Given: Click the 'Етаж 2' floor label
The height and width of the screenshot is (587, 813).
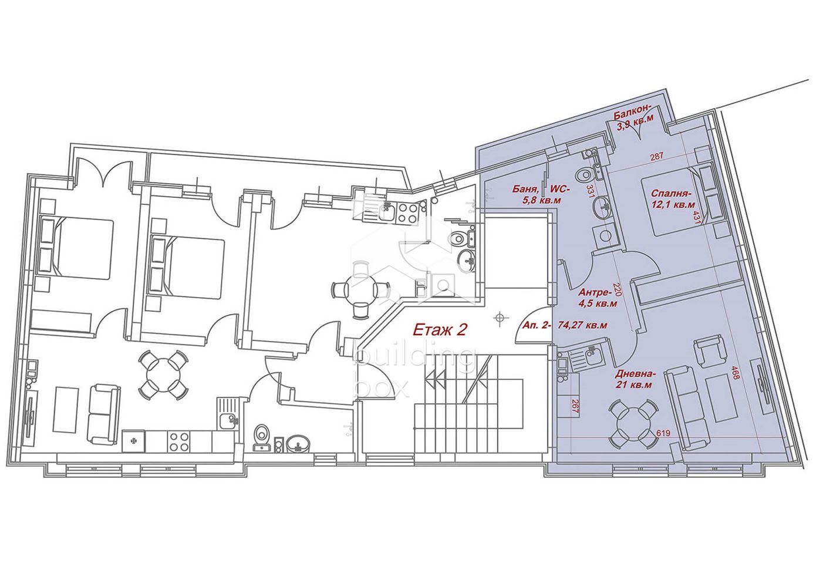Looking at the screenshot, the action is click(x=440, y=330).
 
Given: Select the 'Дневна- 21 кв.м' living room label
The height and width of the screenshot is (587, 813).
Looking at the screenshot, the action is click(x=635, y=379).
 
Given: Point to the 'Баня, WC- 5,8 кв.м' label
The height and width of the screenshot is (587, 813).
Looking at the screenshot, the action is click(x=541, y=194).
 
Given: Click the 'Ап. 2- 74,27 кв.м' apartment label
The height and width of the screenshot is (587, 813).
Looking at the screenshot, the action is click(x=565, y=325).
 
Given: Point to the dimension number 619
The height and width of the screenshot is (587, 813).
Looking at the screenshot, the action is click(x=663, y=433).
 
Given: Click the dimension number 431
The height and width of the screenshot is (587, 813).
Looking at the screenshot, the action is click(x=697, y=217).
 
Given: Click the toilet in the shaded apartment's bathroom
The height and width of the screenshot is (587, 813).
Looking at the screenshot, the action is click(x=583, y=176).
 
